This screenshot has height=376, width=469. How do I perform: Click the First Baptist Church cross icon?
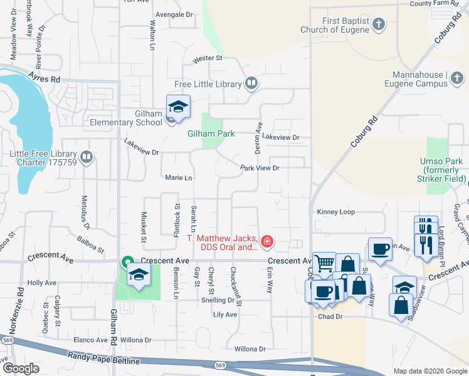pyautogui.click(x=378, y=24)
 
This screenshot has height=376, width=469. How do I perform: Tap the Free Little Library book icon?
pyautogui.click(x=251, y=83)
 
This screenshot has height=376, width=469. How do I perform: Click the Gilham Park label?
pyautogui.click(x=211, y=133)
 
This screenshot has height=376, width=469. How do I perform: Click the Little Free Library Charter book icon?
pyautogui.click(x=87, y=157)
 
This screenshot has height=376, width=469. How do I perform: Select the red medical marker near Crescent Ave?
pyautogui.click(x=266, y=241)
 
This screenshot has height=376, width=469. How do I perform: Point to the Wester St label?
pyautogui.click(x=208, y=58)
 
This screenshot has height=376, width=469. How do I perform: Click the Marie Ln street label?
pyautogui.click(x=178, y=177)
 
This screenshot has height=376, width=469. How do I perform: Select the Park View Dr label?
pyautogui.click(x=260, y=168)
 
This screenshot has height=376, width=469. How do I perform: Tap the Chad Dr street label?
pyautogui.click(x=330, y=317)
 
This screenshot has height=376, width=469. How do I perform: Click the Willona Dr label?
pyautogui.click(x=250, y=348)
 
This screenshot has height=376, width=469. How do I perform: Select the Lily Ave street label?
pyautogui.click(x=225, y=315)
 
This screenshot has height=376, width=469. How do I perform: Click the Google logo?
pyautogui.click(x=21, y=368)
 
